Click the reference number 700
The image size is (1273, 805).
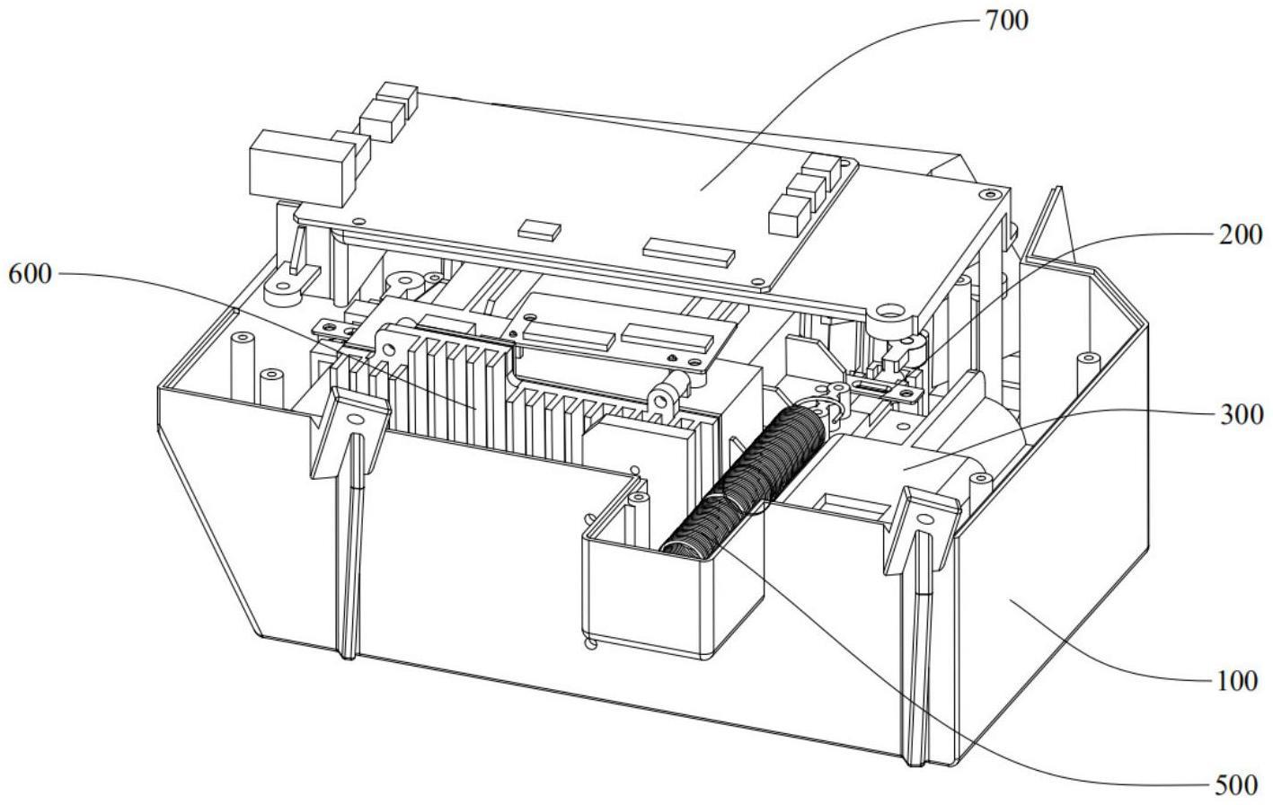(1005, 20)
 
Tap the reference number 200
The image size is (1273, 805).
(1241, 235)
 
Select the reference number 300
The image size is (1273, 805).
(1241, 415)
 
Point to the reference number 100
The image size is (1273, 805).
(1238, 682)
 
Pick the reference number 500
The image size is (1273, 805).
(1237, 784)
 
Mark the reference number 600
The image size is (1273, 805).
(30, 274)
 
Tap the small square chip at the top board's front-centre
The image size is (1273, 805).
(540, 228)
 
